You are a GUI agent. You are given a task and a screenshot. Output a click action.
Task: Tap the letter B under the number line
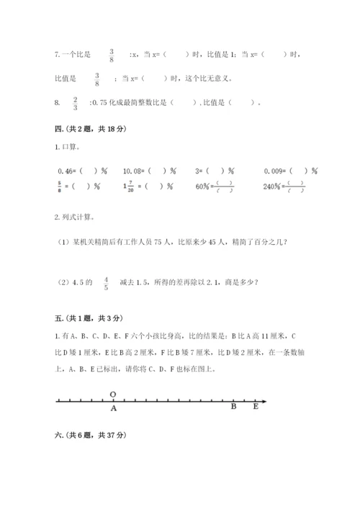233,407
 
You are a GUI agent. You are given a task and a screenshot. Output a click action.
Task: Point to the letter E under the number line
255,407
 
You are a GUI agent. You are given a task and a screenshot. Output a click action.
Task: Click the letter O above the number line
114,393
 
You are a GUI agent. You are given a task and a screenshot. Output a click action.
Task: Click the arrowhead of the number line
264,400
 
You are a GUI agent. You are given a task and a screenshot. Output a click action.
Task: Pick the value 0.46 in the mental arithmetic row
66,171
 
